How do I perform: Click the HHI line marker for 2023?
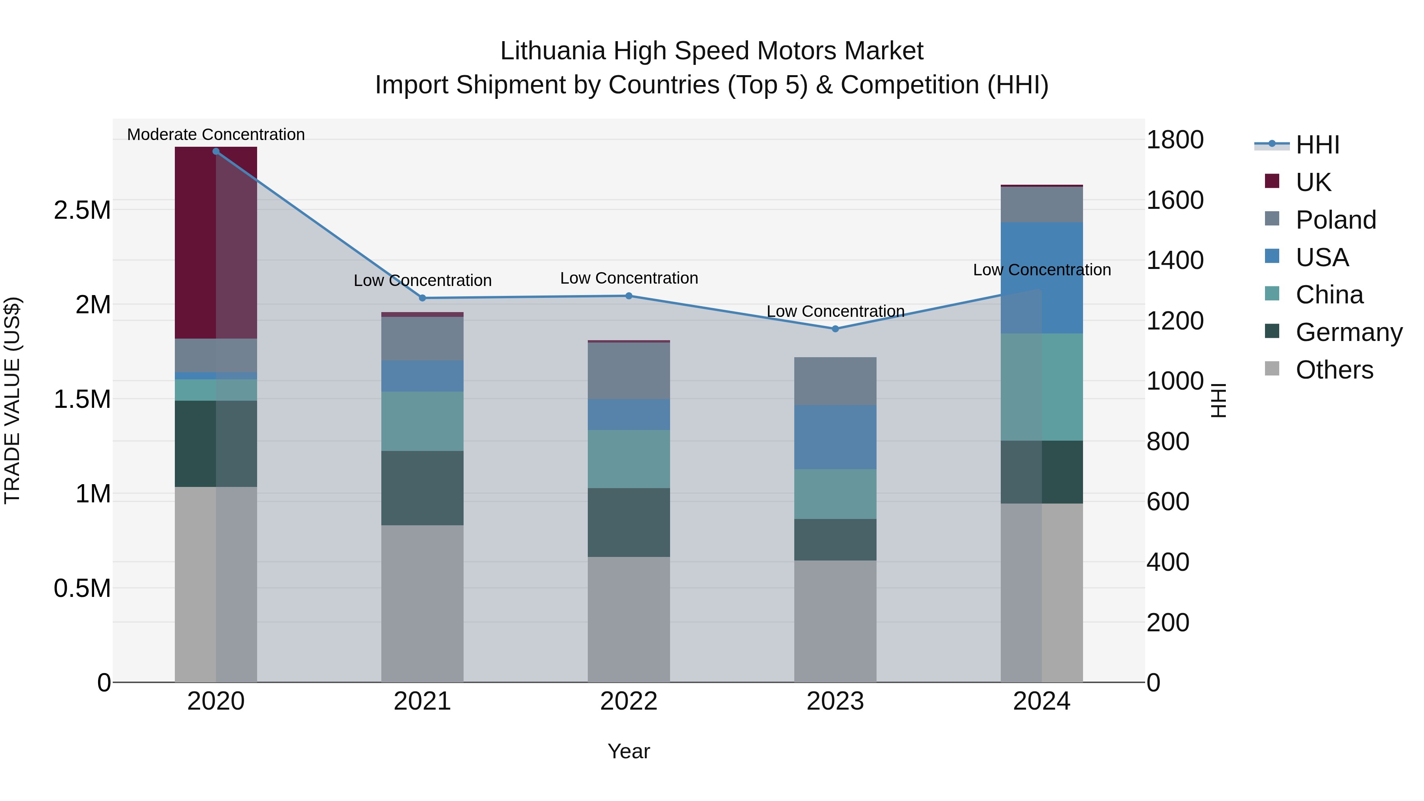coord(835,329)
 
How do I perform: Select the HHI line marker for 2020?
coord(216,151)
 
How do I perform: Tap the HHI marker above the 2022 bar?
coord(629,296)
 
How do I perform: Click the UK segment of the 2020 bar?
coord(216,243)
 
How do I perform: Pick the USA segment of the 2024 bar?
coord(1041,278)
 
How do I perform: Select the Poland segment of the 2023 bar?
coord(835,381)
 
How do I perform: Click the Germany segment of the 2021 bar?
coord(422,488)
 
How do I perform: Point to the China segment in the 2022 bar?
coord(629,459)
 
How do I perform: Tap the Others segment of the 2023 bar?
coord(835,621)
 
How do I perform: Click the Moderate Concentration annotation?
coord(216,135)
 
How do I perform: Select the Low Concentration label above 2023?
coord(835,312)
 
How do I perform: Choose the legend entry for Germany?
coord(1348,332)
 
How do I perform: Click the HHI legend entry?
coord(1317,145)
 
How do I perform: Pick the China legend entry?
coord(1329,295)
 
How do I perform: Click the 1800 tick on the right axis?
coord(1175,140)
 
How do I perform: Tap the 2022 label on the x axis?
coord(629,701)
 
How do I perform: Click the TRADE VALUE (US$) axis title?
coord(12,400)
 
